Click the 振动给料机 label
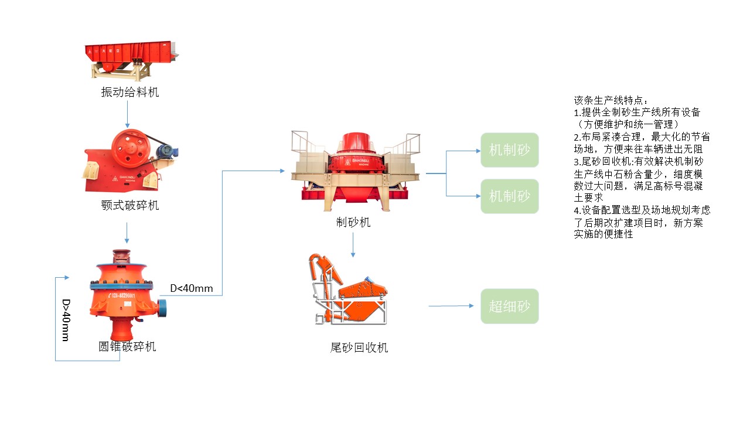tap(129, 92)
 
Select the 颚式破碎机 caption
tap(129, 205)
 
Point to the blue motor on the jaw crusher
tap(168, 151)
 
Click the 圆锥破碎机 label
tap(127, 346)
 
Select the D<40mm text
tap(192, 288)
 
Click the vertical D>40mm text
tap(66, 320)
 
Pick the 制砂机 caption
tap(353, 222)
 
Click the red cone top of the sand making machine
tap(353, 144)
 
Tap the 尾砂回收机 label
tap(359, 348)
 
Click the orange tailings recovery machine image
tap(349, 290)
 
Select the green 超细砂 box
tap(509, 306)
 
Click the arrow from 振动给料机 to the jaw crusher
tap(127, 114)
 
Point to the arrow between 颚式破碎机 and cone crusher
tap(127, 233)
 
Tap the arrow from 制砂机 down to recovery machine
tap(353, 245)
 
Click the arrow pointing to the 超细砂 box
tap(451, 306)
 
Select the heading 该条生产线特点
tap(611, 101)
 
